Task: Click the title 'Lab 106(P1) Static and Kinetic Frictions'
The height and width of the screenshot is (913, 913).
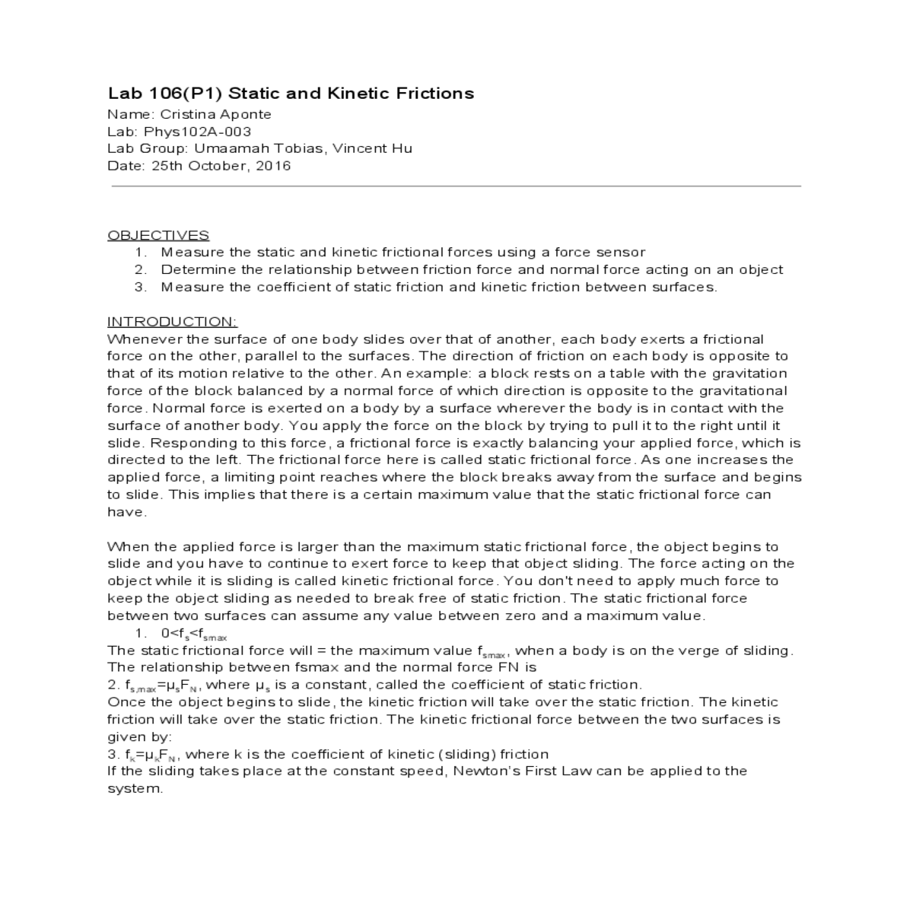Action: (x=291, y=94)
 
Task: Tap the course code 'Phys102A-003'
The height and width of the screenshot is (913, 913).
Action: (x=198, y=132)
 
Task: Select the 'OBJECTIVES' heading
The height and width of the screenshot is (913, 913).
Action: (x=158, y=235)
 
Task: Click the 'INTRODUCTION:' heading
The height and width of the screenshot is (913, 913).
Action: (x=172, y=322)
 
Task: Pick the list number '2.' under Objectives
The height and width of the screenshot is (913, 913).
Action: (x=141, y=269)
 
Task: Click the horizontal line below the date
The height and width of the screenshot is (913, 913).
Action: (x=456, y=186)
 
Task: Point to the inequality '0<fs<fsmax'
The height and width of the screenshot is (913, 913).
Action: (x=194, y=634)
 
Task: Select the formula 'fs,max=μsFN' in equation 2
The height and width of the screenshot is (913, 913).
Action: (x=161, y=686)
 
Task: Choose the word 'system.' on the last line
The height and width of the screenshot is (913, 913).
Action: (x=135, y=789)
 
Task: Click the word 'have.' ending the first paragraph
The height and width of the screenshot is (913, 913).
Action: (x=126, y=512)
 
